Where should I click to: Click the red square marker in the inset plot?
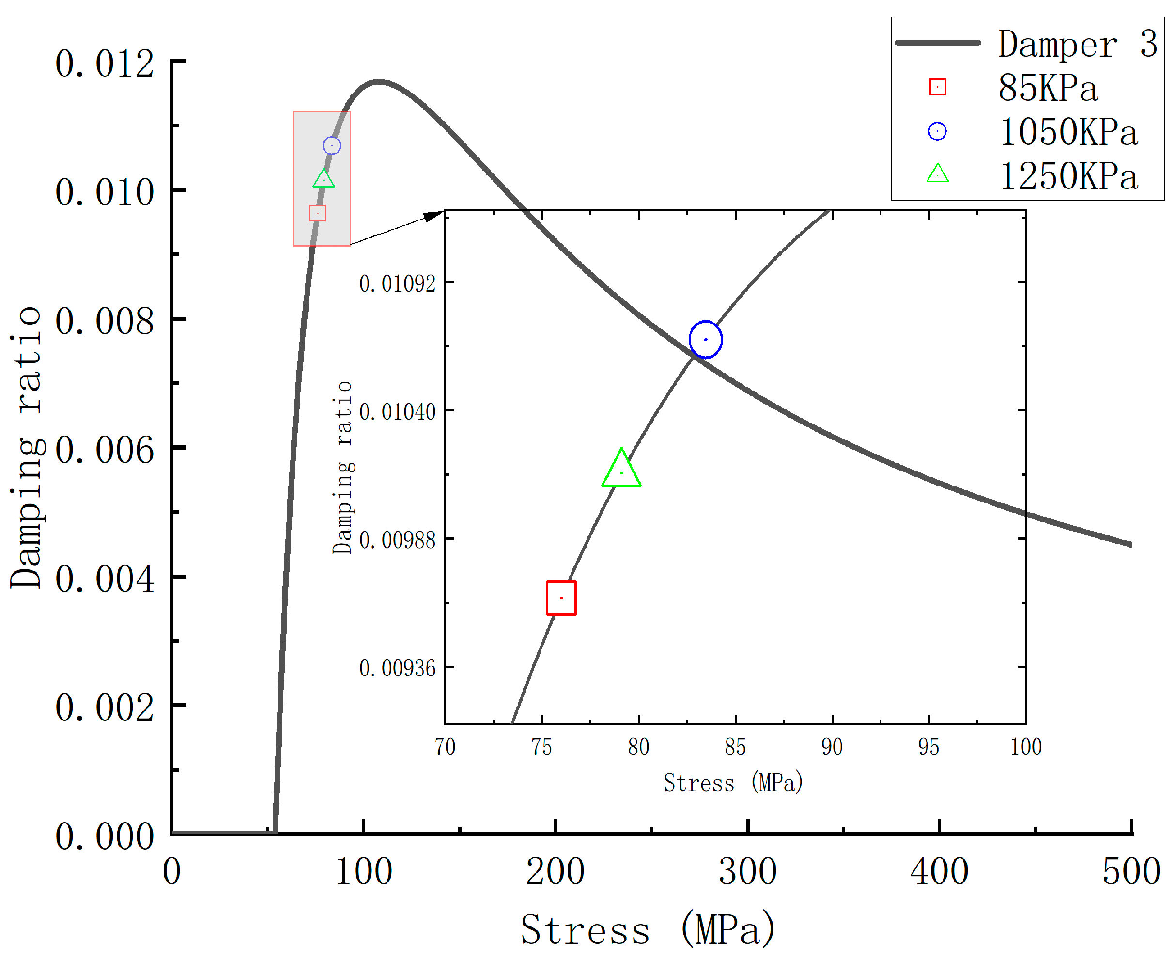(x=561, y=598)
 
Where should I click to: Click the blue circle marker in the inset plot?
(x=705, y=340)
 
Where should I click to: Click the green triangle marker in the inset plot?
(x=621, y=470)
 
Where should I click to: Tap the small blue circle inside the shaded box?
(x=332, y=145)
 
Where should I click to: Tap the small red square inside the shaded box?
(x=317, y=213)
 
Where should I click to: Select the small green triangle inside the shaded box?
(x=324, y=179)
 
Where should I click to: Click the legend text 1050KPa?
(x=1068, y=132)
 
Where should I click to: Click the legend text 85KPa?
(x=1047, y=88)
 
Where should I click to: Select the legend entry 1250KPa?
(x=1068, y=176)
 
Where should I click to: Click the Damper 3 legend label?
(x=1077, y=44)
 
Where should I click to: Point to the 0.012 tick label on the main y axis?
(x=104, y=63)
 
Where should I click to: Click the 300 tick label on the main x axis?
(x=747, y=872)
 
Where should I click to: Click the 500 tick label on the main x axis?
(x=1131, y=872)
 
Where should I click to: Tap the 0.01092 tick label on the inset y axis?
(x=397, y=284)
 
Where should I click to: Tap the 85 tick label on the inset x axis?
(x=735, y=747)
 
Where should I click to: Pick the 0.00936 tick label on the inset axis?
(x=397, y=668)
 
